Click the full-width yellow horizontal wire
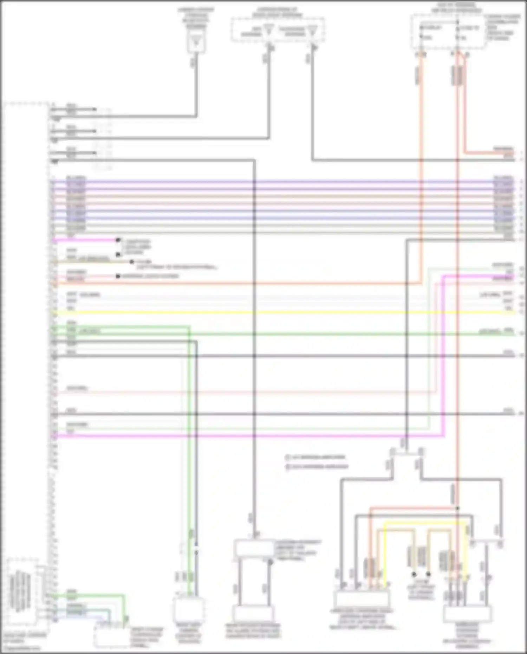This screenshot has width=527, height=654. click(x=281, y=312)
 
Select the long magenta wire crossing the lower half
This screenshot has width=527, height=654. click(x=246, y=436)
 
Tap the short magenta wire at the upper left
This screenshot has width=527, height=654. click(x=84, y=240)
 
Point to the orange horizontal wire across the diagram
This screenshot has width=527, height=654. click(x=246, y=283)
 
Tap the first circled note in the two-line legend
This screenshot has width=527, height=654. click(x=287, y=458)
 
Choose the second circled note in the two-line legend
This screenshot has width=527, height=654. click(x=287, y=467)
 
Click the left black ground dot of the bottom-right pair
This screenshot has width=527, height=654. click(x=414, y=575)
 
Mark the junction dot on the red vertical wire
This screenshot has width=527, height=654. click(x=457, y=508)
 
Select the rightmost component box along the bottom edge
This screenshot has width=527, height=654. click(x=467, y=613)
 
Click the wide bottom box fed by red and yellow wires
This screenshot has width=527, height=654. click(x=362, y=600)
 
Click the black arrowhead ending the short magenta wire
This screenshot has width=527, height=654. click(x=118, y=240)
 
